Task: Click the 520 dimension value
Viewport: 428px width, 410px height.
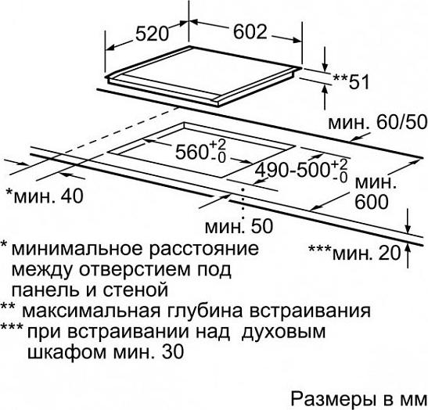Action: (x=152, y=34)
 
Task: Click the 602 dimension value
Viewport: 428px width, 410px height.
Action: (x=250, y=31)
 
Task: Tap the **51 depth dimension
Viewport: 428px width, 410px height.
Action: (x=351, y=81)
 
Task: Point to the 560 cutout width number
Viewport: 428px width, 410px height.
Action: (x=191, y=152)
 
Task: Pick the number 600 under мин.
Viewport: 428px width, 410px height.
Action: (x=372, y=202)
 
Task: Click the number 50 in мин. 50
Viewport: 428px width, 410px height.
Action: (x=262, y=226)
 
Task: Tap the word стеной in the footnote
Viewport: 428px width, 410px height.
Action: (x=135, y=290)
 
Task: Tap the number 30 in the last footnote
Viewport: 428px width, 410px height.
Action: (x=173, y=352)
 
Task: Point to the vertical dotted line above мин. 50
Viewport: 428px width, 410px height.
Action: (x=243, y=203)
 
